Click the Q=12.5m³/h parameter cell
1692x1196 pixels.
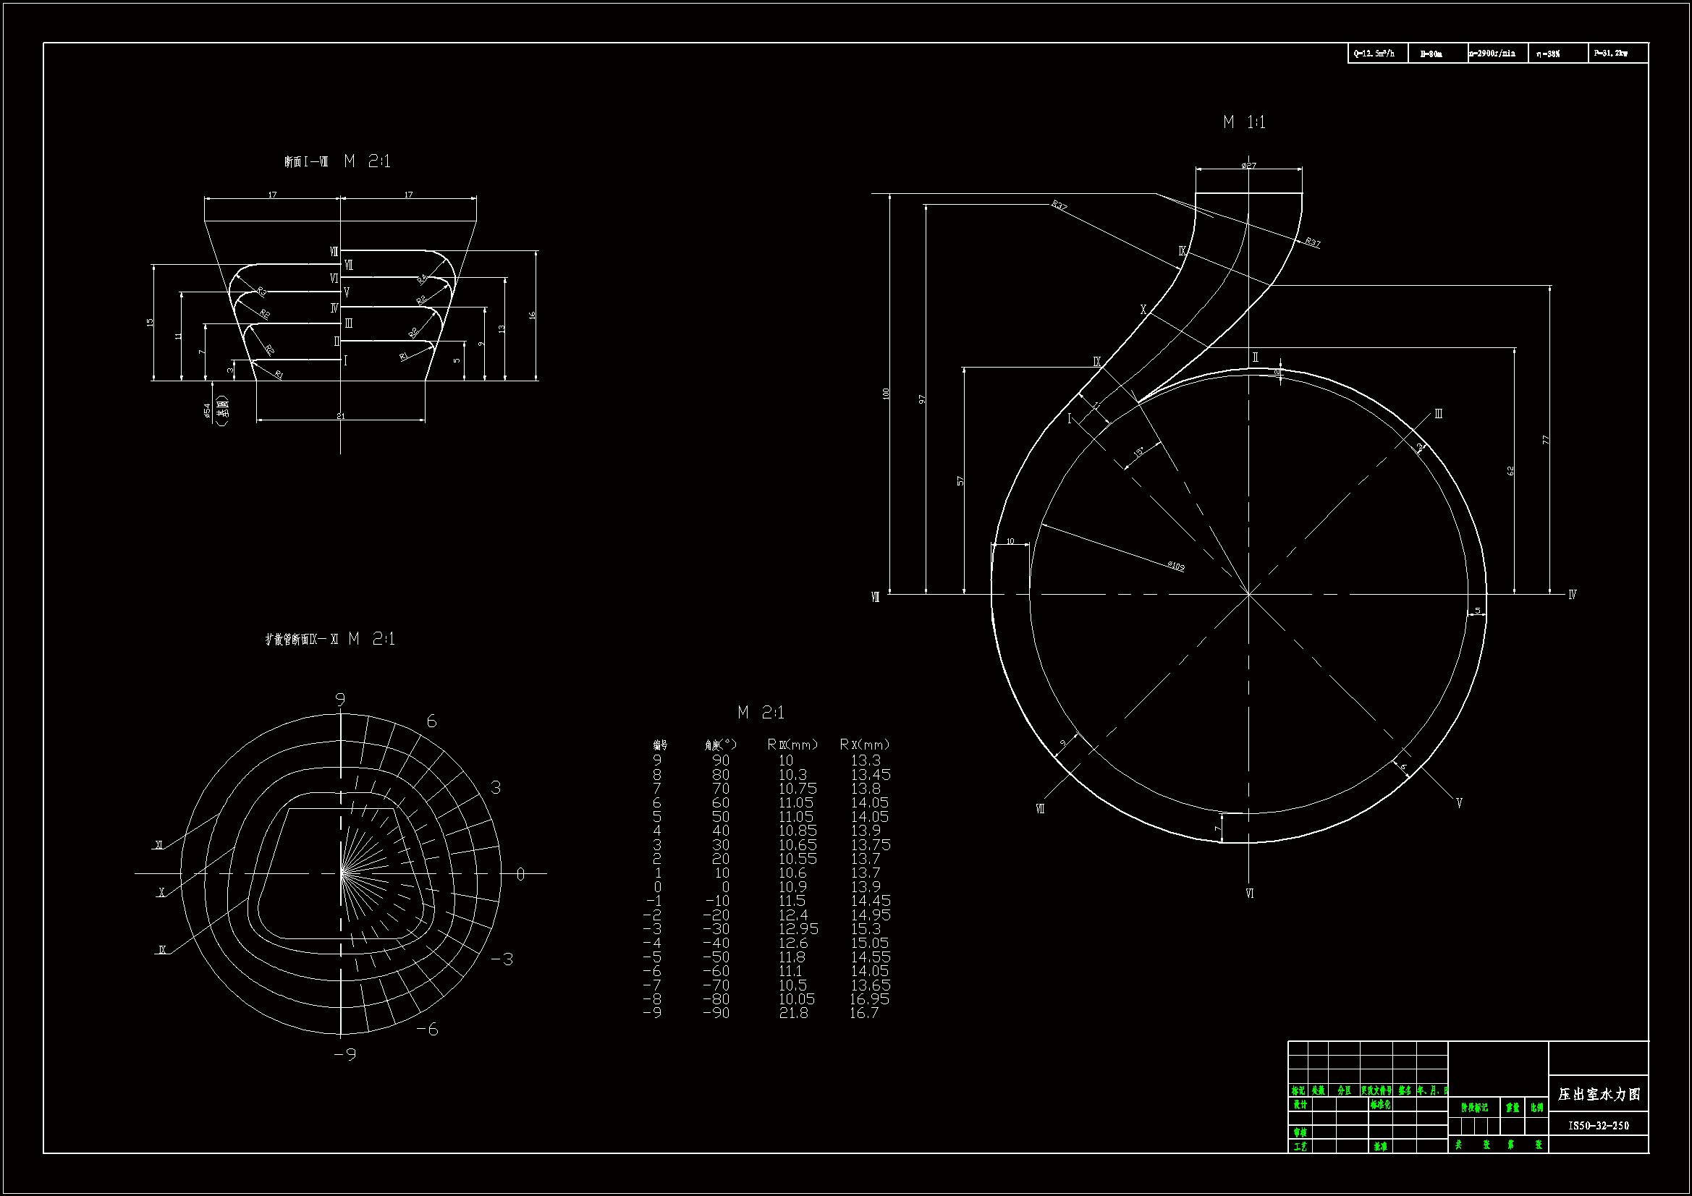(x=1374, y=54)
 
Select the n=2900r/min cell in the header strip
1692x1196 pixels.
(x=1492, y=54)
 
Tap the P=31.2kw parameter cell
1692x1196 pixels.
(x=1610, y=54)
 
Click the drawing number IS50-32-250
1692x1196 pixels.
(x=1599, y=1125)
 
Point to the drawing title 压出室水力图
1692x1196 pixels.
(x=1599, y=1094)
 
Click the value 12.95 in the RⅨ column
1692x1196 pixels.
(x=798, y=928)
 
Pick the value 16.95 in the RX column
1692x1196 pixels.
(x=870, y=999)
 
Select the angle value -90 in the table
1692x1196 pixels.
(x=716, y=1013)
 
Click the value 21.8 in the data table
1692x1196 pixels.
(x=794, y=1013)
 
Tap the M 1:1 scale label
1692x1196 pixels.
(x=1244, y=122)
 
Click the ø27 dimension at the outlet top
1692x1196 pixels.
(x=1248, y=166)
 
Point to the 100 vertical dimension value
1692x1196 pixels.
(x=886, y=394)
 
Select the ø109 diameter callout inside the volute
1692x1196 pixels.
(x=1175, y=566)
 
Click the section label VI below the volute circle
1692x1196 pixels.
(x=1249, y=894)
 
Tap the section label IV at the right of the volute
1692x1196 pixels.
(x=1572, y=595)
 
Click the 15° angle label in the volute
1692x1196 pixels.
(x=1138, y=451)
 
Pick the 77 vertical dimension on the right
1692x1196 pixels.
(x=1546, y=440)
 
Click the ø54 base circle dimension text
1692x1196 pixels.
(x=207, y=410)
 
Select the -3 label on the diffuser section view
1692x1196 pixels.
(x=502, y=959)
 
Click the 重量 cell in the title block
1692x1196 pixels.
(x=1513, y=1108)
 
